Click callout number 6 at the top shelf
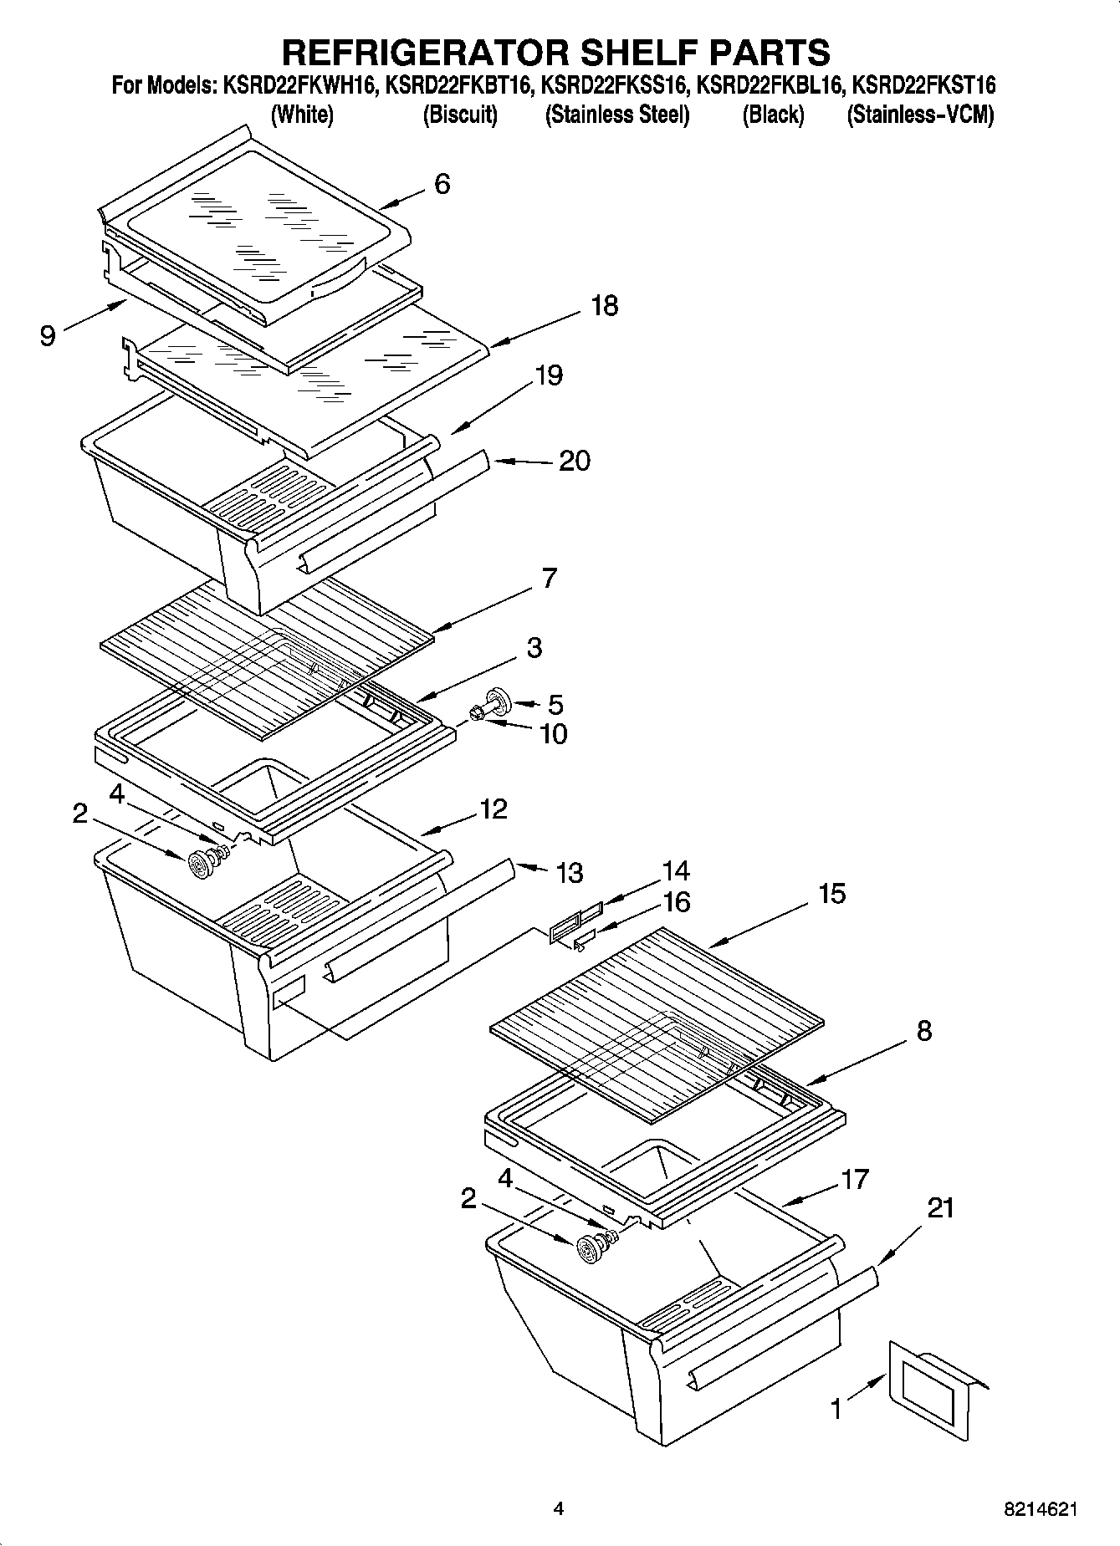pos(442,184)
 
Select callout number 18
pos(604,306)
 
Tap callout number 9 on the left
pos(48,335)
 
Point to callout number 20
pos(574,461)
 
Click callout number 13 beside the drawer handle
pos(569,873)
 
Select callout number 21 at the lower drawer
pos(941,1208)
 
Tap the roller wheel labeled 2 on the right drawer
pos(591,1250)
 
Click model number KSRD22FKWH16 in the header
pos(295,85)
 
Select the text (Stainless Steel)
pos(617,115)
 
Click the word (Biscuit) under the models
pos(460,115)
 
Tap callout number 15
pos(831,894)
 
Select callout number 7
pos(549,579)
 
